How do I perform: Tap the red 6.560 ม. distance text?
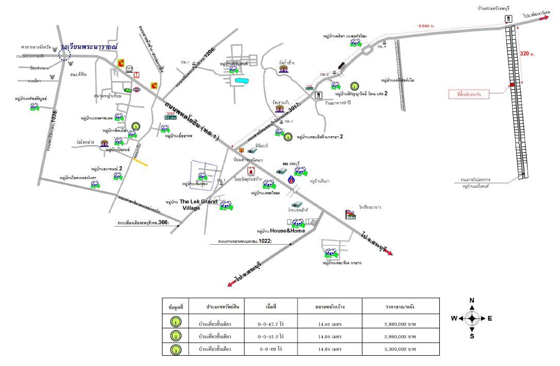[427, 26]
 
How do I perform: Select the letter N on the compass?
[472, 300]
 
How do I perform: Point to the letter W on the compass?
[454, 319]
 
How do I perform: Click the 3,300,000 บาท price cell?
[399, 349]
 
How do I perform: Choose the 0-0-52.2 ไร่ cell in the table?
[271, 336]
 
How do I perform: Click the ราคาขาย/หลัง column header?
[399, 306]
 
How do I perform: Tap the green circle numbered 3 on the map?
[136, 126]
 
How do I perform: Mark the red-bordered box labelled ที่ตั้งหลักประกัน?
[469, 94]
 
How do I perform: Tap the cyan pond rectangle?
[241, 81]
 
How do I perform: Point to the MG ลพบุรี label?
[285, 164]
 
